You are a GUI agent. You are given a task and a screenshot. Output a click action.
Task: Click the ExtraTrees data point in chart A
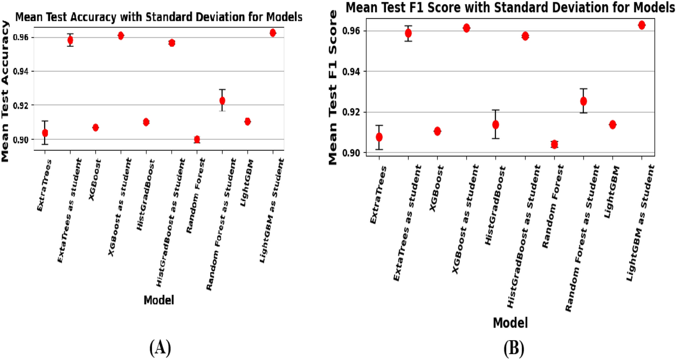click(45, 133)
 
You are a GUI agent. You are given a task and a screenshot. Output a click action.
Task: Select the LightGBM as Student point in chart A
click(273, 32)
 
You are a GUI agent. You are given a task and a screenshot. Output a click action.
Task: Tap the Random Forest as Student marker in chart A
click(222, 100)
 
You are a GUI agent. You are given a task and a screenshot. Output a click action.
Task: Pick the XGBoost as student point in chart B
click(466, 28)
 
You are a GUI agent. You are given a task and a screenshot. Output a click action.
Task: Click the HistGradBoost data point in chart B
click(496, 125)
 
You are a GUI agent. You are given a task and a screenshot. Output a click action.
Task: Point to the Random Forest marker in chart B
click(554, 144)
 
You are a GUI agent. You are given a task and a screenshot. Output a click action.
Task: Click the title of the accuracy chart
click(159, 18)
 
